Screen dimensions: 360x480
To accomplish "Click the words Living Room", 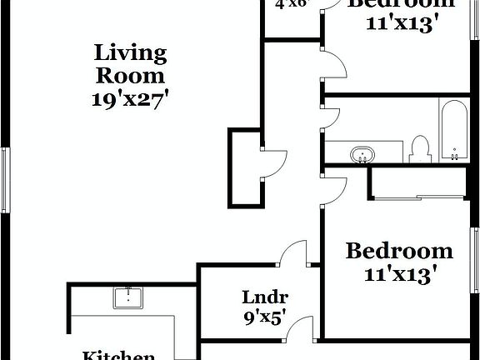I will (x=131, y=63).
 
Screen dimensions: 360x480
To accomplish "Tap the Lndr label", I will (x=265, y=297).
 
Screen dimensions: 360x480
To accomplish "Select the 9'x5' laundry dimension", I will (x=265, y=317).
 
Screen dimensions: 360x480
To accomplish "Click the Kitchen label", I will (x=117, y=355).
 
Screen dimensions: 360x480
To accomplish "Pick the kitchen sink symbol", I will (x=128, y=297).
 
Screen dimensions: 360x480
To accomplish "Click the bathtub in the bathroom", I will (x=454, y=130).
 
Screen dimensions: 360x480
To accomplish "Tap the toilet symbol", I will (x=419, y=149).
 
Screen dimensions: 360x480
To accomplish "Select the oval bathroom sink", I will (x=363, y=154).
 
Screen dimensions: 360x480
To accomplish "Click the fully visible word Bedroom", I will (x=399, y=251).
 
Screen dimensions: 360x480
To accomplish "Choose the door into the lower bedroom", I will (x=332, y=188).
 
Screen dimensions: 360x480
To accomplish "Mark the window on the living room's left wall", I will (x=5, y=178).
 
